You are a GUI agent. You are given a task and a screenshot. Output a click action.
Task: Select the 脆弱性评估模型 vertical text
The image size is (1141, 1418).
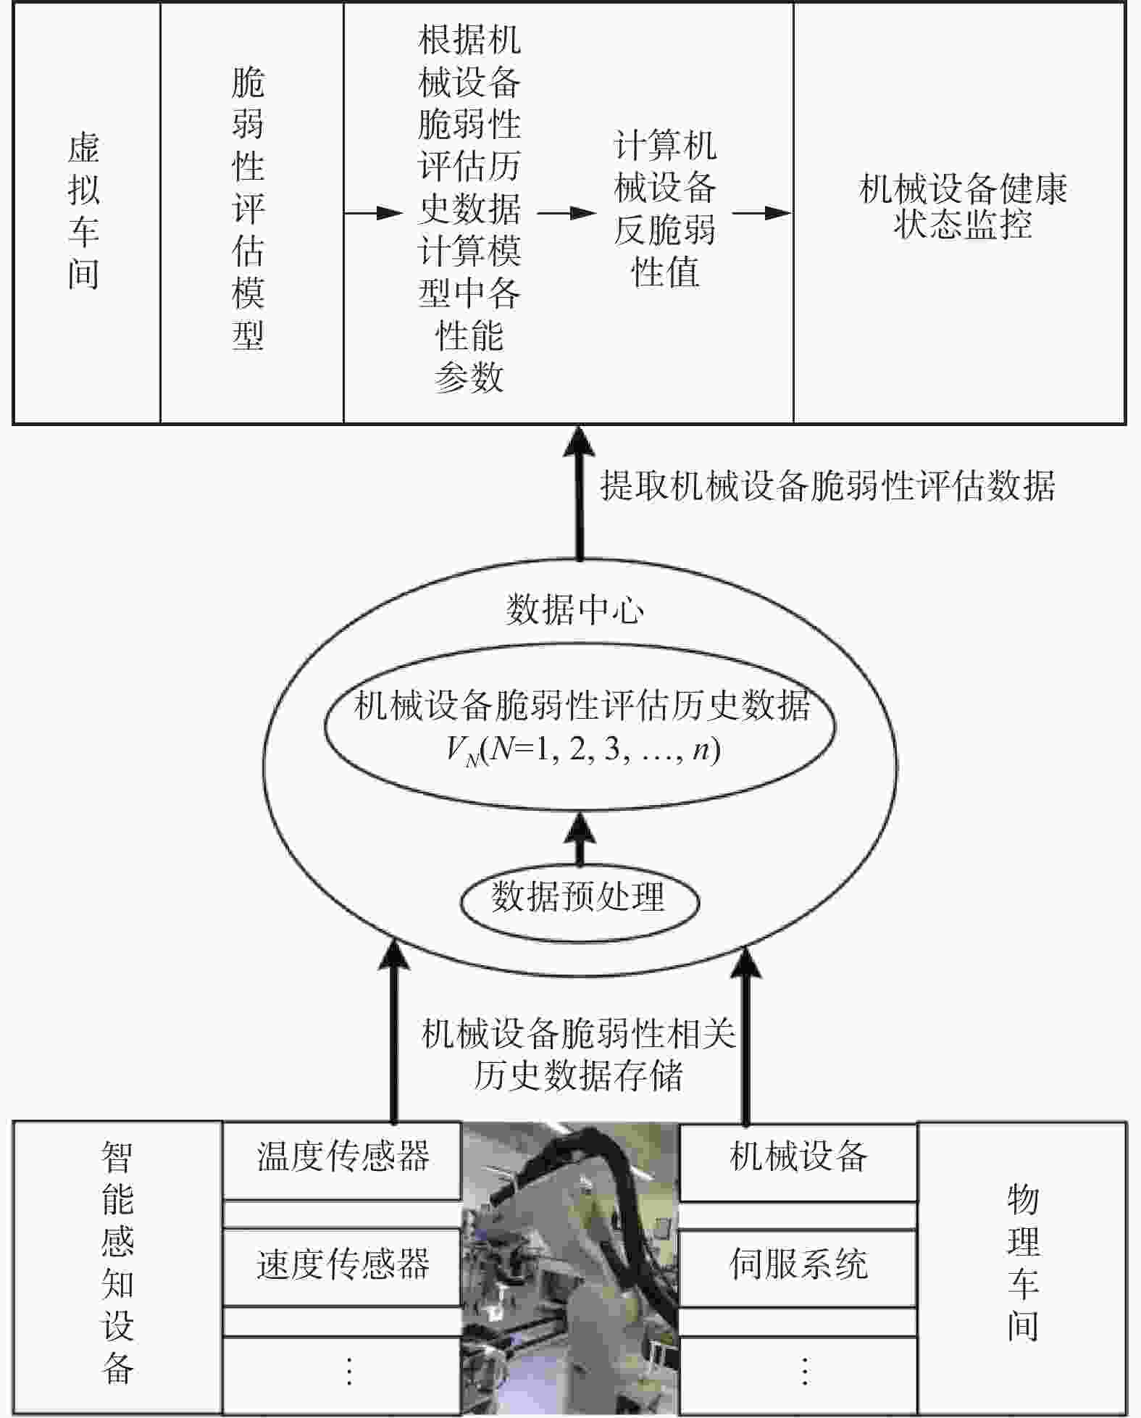pos(248,210)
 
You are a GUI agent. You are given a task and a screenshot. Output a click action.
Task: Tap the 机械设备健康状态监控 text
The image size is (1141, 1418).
pos(962,207)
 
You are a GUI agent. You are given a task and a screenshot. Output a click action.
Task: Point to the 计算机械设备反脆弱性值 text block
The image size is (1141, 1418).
pos(665,209)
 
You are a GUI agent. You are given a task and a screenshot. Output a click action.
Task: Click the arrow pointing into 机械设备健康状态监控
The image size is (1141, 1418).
pos(761,213)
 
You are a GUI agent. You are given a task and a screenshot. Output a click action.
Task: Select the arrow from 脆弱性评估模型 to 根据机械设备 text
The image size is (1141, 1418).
pos(372,213)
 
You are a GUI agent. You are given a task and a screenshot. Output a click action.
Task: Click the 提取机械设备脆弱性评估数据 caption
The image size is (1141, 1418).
pos(827,485)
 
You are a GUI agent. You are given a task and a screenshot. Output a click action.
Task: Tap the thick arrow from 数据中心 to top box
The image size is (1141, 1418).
pos(580,493)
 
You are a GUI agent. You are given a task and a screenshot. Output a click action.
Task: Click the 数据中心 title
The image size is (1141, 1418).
pos(574,609)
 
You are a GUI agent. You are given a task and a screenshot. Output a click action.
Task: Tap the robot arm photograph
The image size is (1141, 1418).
pos(570,1268)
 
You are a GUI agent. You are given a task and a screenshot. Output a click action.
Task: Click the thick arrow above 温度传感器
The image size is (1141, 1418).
pos(394,1029)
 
